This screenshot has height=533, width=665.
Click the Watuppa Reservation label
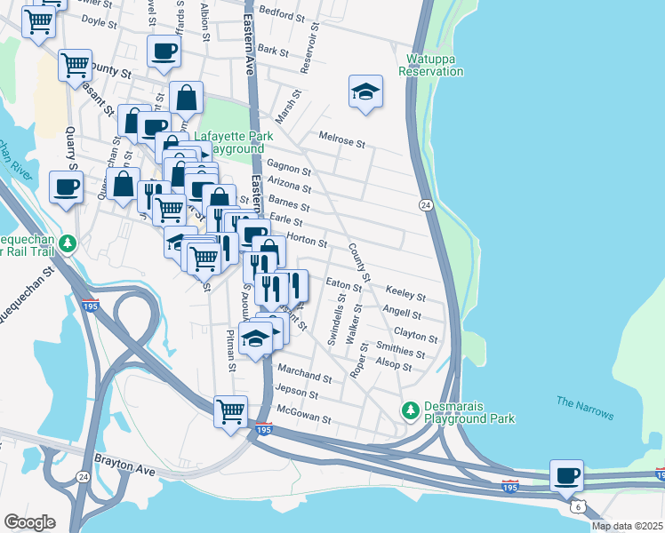coord(436,65)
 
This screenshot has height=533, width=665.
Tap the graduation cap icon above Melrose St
coord(365,92)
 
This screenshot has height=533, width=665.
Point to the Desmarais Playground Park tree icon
coord(410,410)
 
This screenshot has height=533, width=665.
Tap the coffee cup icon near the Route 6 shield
coord(566,476)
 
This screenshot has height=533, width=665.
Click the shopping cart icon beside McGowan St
coord(231,410)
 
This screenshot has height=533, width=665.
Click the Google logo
coord(29,522)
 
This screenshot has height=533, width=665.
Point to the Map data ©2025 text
coord(627,526)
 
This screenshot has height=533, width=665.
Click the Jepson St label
coord(297,392)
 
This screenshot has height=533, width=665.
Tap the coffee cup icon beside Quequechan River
coord(67,187)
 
